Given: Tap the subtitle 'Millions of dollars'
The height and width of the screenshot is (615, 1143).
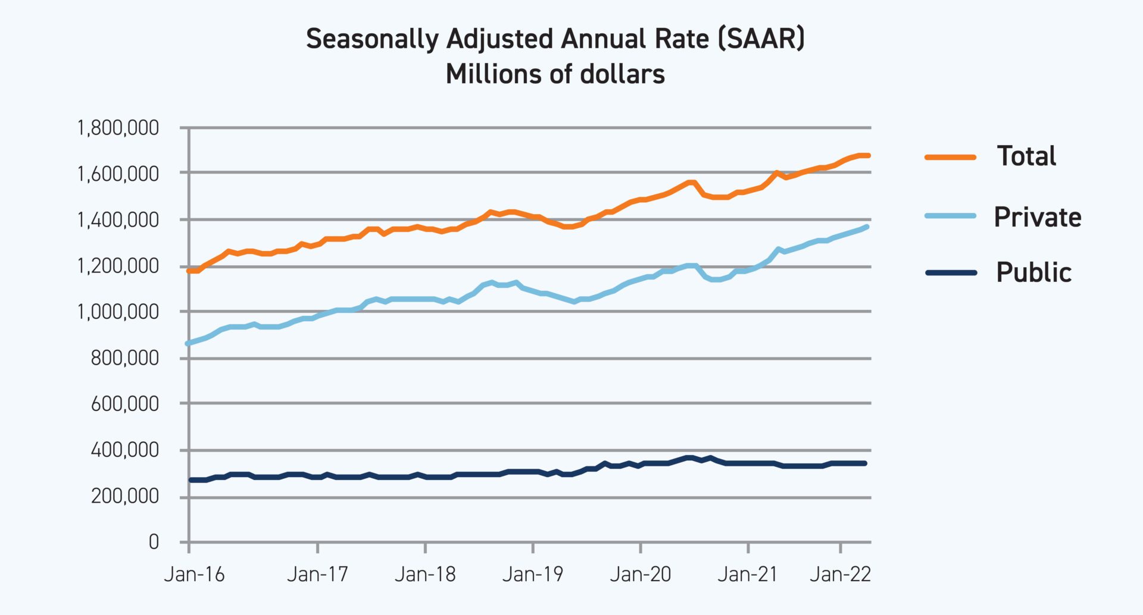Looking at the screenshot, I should pyautogui.click(x=555, y=74).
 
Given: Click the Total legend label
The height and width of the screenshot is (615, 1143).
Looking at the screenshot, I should pyautogui.click(x=1026, y=156).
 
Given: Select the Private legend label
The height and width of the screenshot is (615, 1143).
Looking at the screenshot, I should pyautogui.click(x=1037, y=217).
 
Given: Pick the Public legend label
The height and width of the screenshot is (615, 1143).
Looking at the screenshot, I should pyautogui.click(x=1033, y=272).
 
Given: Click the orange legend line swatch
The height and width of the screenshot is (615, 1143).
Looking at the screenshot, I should pyautogui.click(x=951, y=158).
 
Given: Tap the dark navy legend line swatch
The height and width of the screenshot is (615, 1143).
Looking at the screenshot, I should pyautogui.click(x=951, y=273).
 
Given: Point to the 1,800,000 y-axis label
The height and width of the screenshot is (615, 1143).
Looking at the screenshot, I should pyautogui.click(x=118, y=128).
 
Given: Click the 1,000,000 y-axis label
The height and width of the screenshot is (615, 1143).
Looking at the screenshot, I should pyautogui.click(x=118, y=312).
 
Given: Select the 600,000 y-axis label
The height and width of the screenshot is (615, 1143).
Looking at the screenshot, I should pyautogui.click(x=124, y=404).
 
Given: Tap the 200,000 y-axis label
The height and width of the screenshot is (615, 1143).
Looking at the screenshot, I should pyautogui.click(x=124, y=496).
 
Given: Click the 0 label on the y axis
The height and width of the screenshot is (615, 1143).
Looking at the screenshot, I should pyautogui.click(x=154, y=542).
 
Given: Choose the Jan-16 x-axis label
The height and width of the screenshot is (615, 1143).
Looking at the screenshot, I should pyautogui.click(x=194, y=575).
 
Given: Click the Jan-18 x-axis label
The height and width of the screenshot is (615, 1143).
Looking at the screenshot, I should pyautogui.click(x=425, y=575).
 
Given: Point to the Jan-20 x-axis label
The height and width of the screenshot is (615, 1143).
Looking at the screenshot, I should pyautogui.click(x=641, y=575).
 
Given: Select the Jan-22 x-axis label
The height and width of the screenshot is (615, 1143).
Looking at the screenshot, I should pyautogui.click(x=840, y=575).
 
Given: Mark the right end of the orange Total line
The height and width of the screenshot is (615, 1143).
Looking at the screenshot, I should pyautogui.click(x=869, y=156).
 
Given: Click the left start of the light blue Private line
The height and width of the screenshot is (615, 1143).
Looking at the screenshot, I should pyautogui.click(x=188, y=343).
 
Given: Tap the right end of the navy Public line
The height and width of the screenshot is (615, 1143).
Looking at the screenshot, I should pyautogui.click(x=865, y=463).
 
